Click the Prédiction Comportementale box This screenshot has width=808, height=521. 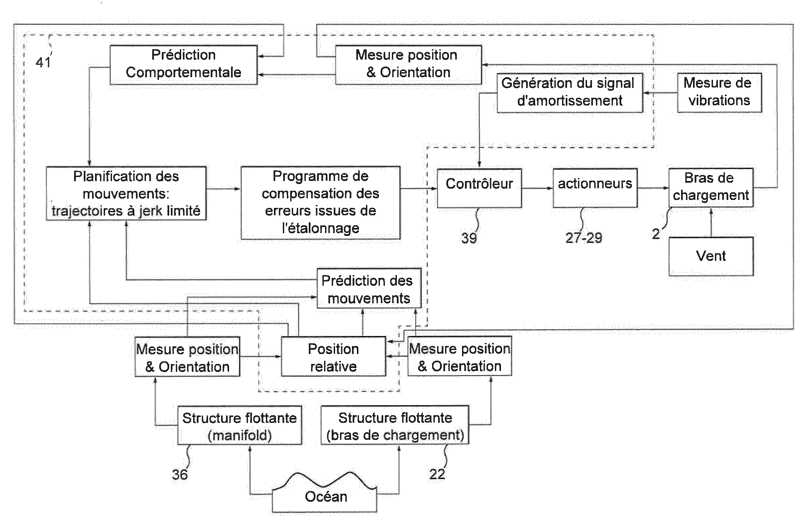[183, 64]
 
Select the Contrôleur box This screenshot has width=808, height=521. [479, 188]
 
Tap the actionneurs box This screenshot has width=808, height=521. [595, 188]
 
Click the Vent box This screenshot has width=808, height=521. [711, 256]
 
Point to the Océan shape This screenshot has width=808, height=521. [325, 496]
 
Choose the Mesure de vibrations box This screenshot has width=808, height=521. [719, 92]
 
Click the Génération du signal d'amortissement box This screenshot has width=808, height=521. [570, 92]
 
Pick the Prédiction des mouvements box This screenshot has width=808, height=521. [369, 288]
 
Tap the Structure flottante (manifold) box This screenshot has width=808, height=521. [240, 426]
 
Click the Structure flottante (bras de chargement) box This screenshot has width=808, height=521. [395, 426]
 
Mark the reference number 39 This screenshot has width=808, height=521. [469, 238]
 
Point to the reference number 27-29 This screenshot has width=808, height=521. [584, 238]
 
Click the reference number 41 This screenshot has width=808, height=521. [43, 62]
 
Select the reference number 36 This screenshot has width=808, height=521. [180, 474]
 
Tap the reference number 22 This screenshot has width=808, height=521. [437, 474]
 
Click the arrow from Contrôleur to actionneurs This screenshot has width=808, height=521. [537, 188]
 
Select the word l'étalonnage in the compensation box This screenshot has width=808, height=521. [320, 228]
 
